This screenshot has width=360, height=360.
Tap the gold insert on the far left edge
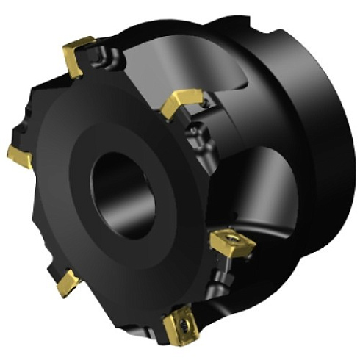tap(20, 155)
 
